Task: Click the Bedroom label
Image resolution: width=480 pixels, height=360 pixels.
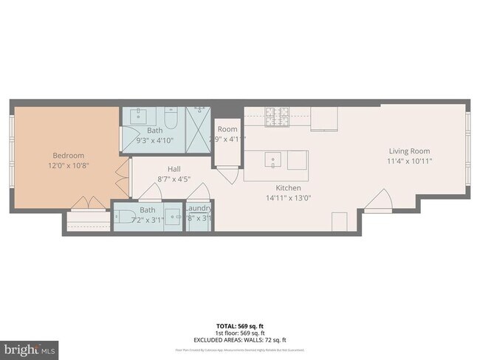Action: click(x=68, y=156)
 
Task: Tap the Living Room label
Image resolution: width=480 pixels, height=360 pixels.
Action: click(x=410, y=152)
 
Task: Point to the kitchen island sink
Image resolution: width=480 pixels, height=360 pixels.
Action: click(x=271, y=159)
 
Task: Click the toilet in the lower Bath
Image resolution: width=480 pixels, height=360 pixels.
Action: click(x=122, y=217)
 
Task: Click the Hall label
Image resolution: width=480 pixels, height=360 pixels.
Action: click(x=174, y=169)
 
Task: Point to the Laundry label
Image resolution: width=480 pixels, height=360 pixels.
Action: click(x=199, y=208)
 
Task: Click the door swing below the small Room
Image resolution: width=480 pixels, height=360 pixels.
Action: click(x=230, y=176)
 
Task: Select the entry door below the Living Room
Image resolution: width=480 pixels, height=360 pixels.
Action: click(x=383, y=199)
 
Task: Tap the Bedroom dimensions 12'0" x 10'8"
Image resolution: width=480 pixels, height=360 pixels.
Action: click(x=68, y=166)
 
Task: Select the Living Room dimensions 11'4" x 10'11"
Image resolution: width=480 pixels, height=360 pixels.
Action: click(x=410, y=162)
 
